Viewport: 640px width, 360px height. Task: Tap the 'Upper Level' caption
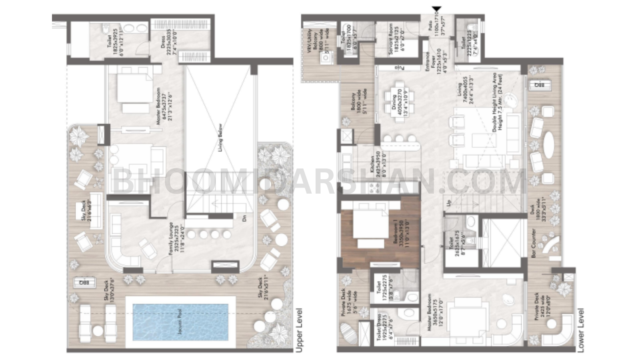point(299,330)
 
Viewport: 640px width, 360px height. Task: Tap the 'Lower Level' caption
point(581,330)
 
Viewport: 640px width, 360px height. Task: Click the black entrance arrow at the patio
point(436,9)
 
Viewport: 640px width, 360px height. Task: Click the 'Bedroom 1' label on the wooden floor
point(404,236)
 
